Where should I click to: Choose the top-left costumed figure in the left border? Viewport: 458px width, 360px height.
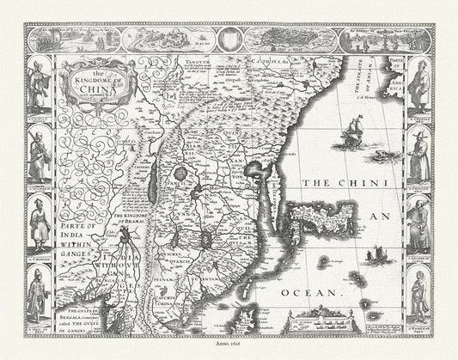(39, 82)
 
